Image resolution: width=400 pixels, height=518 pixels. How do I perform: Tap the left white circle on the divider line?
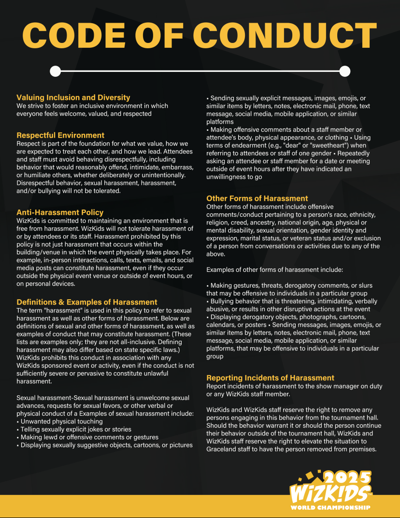click(56, 71)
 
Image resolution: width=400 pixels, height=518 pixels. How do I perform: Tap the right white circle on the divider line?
click(344, 71)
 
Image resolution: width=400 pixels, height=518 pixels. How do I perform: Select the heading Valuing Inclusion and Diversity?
click(73, 98)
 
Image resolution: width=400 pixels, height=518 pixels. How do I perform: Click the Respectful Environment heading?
click(60, 135)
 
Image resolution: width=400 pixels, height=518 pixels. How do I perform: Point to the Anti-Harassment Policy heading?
click(60, 212)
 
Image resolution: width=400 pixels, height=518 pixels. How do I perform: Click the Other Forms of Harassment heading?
click(257, 198)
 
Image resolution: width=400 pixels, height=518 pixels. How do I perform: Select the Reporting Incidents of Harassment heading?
click(270, 378)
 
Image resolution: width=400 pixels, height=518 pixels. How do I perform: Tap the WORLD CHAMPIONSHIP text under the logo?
click(330, 507)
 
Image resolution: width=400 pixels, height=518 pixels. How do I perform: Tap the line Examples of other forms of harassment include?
click(261, 270)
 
